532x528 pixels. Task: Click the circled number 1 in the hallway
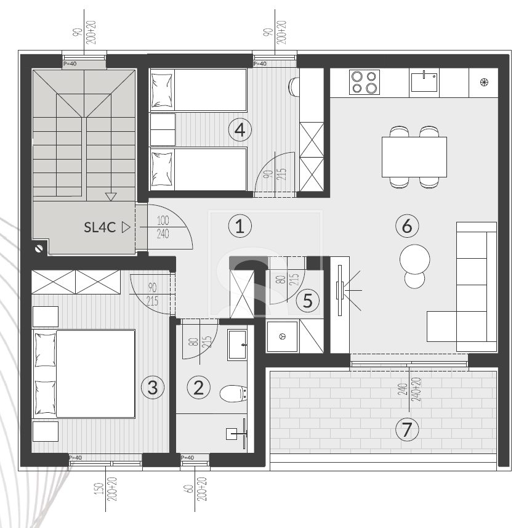coord(240,225)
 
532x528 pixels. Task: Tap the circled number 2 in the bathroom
coord(198,388)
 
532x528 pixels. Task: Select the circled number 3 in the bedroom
coord(152,388)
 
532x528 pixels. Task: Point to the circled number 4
coord(240,130)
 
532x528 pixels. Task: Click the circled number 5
coord(307,301)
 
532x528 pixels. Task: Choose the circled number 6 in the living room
coord(407,225)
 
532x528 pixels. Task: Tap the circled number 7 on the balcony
coord(407,429)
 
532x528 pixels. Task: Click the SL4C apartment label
coord(100,227)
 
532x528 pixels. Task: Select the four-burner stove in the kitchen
coord(365,82)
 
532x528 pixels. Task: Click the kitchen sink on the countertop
coord(424,81)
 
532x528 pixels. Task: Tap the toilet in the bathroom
coord(233,394)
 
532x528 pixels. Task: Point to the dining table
coord(414,157)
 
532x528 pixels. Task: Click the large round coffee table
coord(414,259)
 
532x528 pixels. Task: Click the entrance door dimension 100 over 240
coord(163,227)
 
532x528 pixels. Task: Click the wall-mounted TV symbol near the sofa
coord(341,291)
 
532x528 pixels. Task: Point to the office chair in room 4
coord(294,87)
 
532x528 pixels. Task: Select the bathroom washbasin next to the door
coord(237,345)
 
